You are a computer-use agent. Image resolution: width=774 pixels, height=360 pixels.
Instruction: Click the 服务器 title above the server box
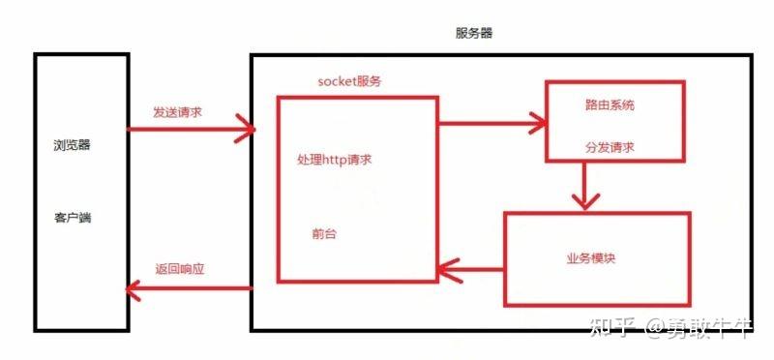474,33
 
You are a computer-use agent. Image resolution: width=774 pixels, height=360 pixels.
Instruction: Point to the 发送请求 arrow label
178,112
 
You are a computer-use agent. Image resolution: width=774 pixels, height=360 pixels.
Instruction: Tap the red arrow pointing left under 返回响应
190,287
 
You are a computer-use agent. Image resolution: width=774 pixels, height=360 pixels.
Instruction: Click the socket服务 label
349,81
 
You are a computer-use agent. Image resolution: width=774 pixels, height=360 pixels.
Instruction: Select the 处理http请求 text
335,159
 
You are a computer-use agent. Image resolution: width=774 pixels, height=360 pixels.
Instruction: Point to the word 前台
325,234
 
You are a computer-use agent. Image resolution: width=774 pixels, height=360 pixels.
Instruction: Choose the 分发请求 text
610,148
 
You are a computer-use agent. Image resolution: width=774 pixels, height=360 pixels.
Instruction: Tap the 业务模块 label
591,258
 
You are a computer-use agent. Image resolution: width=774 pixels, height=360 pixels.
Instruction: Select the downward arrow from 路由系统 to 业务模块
582,185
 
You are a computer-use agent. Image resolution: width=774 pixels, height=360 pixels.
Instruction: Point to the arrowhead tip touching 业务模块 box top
582,207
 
